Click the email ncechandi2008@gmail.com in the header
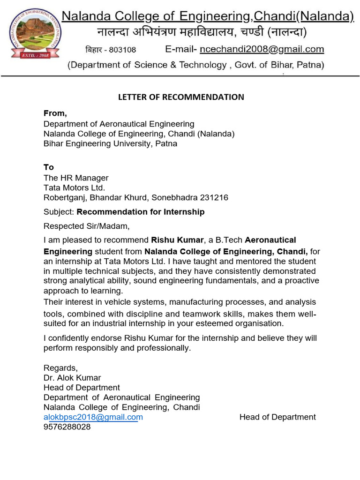[262, 49]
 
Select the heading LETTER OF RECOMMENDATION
[181, 97]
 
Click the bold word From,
[55, 113]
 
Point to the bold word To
[49, 167]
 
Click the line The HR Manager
[76, 178]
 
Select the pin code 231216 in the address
[214, 197]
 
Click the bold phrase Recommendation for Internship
[141, 212]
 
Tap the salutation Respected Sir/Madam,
[86, 226]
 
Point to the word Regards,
[60, 367]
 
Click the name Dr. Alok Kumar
[72, 377]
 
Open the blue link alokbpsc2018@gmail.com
[93, 417]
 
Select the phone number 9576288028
[67, 427]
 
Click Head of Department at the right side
[277, 417]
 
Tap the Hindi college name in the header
[202, 32]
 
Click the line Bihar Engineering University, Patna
[110, 143]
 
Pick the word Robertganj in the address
[65, 197]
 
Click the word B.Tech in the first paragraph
[229, 240]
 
